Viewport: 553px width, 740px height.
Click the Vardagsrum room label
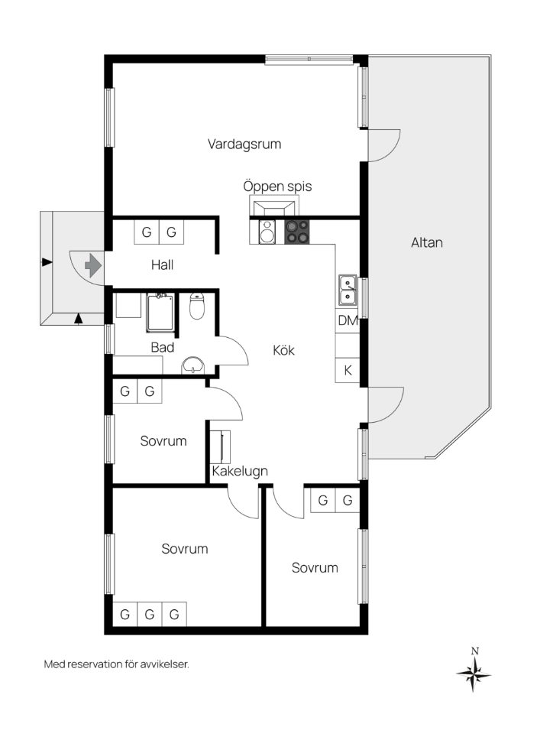(244, 144)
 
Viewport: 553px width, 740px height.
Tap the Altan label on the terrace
(427, 242)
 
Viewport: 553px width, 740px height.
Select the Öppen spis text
(277, 186)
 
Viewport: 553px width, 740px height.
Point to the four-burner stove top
(297, 232)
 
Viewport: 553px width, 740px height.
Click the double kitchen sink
(348, 290)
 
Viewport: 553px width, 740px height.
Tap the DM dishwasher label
(348, 320)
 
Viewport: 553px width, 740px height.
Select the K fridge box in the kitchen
(348, 371)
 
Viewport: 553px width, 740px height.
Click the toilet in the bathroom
(196, 306)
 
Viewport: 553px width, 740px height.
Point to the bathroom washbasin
(192, 365)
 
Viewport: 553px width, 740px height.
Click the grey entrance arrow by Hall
(93, 265)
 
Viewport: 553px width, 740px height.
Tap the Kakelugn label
(240, 471)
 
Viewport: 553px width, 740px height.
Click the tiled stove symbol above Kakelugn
(220, 446)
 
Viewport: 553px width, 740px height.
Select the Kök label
(284, 350)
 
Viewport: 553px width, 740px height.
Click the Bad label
(163, 348)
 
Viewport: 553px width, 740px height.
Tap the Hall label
(162, 265)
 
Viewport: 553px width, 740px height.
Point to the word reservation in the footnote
(95, 664)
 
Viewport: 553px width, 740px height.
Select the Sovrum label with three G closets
(184, 549)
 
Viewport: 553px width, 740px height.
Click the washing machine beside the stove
(267, 232)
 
